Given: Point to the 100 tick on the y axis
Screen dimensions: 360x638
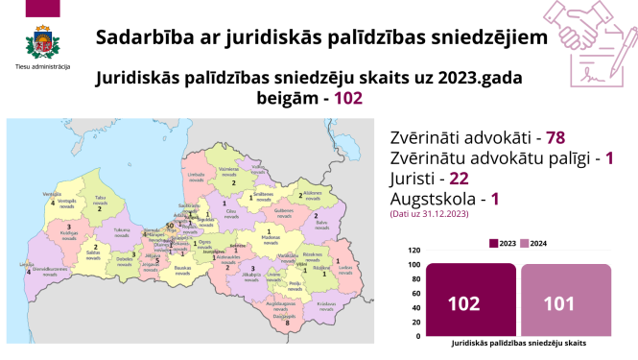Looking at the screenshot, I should click(414, 264).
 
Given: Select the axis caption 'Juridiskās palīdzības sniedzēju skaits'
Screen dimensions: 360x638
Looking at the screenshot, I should click(518, 343).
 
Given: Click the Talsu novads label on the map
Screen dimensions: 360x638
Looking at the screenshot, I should click(100, 203).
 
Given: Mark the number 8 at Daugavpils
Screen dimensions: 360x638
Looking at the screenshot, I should click(287, 324).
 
